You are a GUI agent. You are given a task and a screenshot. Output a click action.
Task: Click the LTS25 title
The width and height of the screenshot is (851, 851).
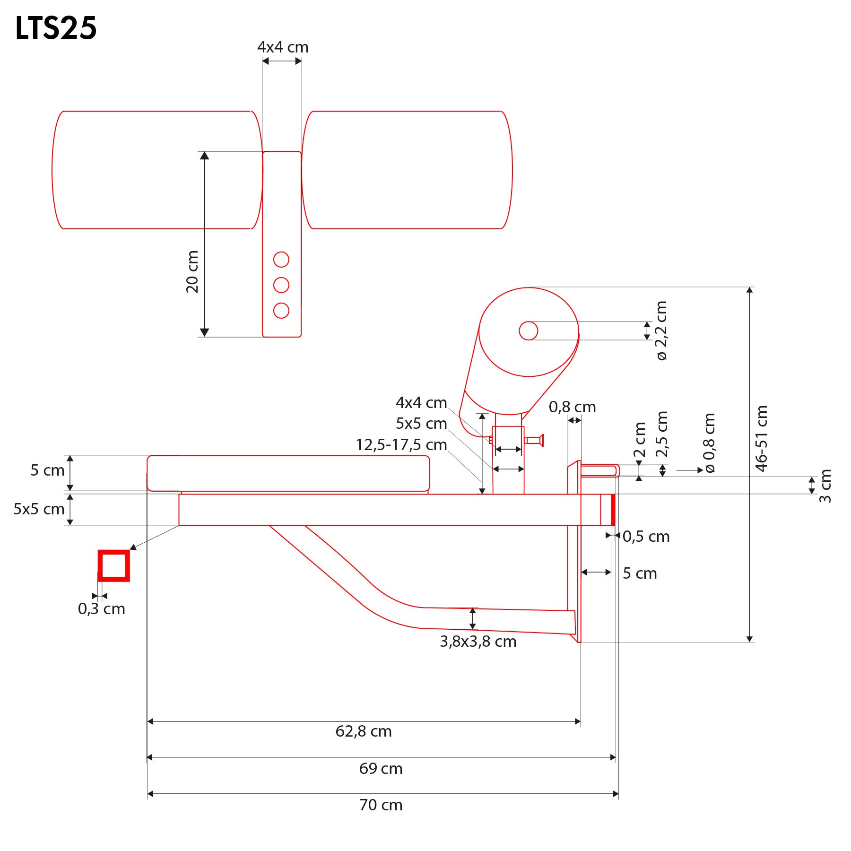coord(56,28)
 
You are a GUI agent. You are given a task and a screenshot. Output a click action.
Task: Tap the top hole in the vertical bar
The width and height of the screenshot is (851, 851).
coord(281,260)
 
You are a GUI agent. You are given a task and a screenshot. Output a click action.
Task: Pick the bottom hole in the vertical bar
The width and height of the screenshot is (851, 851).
coord(281,311)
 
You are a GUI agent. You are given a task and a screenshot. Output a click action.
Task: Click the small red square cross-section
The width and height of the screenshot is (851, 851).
coord(113,565)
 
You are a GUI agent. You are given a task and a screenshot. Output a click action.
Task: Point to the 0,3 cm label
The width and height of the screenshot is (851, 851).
coord(102,609)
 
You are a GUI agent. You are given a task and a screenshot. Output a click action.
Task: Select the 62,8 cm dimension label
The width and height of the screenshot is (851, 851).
coord(364,731)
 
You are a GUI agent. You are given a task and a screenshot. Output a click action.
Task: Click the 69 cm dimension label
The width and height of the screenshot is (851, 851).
coord(381,769)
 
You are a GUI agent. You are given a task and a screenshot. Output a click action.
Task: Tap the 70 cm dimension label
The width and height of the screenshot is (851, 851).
coord(381,805)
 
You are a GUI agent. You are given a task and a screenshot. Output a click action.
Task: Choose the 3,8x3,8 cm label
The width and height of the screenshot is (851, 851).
coord(478,642)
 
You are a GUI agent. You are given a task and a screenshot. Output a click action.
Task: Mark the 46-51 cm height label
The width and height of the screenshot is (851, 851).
coord(761,438)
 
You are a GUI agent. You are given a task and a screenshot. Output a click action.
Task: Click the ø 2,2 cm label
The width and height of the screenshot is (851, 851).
coord(661,330)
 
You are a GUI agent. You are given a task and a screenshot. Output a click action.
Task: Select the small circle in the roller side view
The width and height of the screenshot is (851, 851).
coord(528,331)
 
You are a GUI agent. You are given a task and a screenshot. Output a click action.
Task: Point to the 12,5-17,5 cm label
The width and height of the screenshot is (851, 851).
coord(401,445)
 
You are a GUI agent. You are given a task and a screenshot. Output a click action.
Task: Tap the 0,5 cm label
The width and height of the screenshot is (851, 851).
coord(646,537)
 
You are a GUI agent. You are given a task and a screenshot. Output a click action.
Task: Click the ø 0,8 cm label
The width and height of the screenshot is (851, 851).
coord(709,443)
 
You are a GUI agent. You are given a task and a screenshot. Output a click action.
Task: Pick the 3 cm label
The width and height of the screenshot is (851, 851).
coord(825,486)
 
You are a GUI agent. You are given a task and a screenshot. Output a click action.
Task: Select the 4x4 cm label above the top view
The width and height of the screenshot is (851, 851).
coord(283,47)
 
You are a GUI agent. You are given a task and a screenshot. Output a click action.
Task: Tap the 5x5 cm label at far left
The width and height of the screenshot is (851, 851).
coord(39,509)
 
